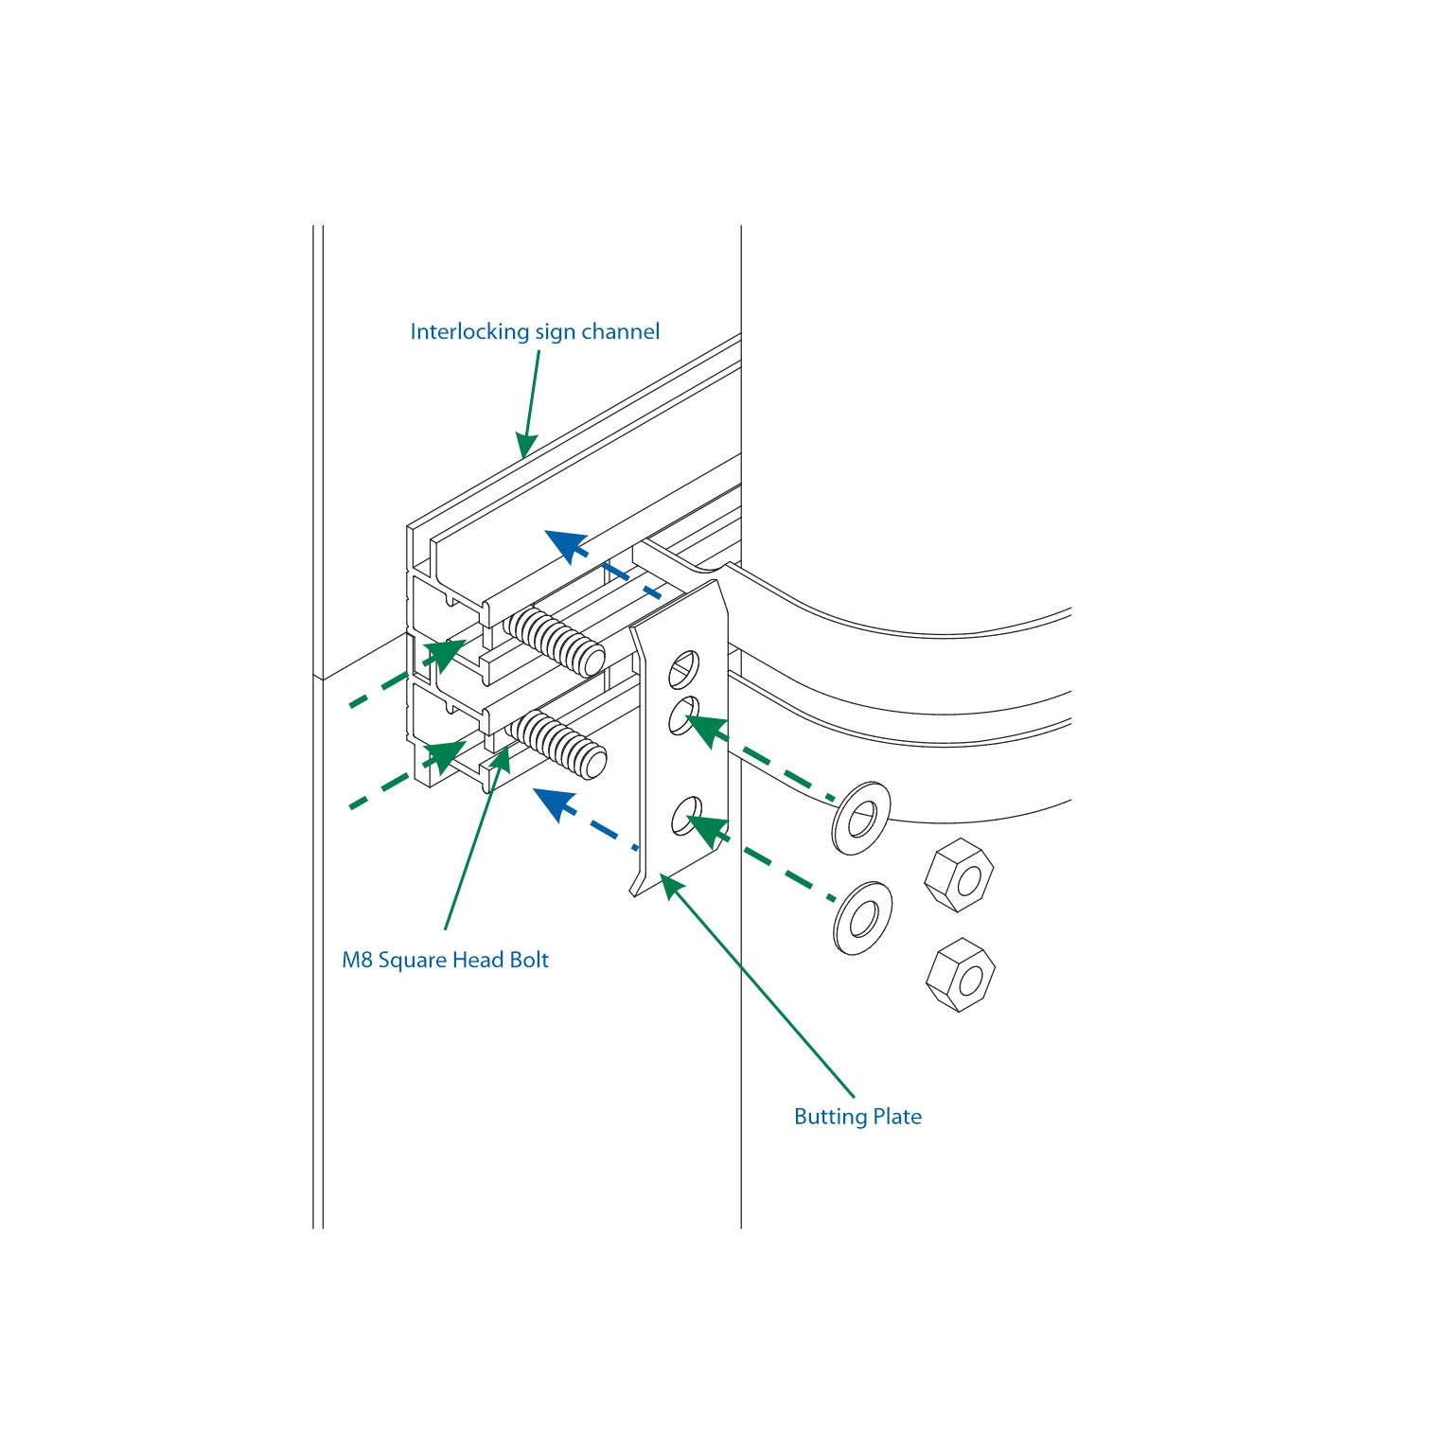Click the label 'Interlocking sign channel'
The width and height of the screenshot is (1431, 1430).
[x=535, y=332]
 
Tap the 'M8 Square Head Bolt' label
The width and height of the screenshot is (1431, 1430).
[x=445, y=960]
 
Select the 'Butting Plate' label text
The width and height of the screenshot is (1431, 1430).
[x=857, y=1117]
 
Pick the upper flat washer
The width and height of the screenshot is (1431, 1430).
[x=861, y=819]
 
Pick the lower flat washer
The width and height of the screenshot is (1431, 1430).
[x=863, y=918]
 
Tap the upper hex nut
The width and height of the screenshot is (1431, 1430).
[x=959, y=875]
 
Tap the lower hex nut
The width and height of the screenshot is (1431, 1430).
[x=961, y=975]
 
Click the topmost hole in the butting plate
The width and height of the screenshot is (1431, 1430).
[x=683, y=669]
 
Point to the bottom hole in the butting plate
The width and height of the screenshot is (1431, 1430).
[x=686, y=816]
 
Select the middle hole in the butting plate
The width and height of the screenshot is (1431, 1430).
[x=683, y=715]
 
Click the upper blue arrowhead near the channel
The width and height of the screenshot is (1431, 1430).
[x=566, y=546]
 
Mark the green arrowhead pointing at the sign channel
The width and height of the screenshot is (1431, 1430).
[x=526, y=445]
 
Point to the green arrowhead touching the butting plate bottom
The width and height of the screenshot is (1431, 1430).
[x=673, y=887]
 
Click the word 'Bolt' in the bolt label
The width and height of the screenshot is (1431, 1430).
[x=529, y=960]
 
